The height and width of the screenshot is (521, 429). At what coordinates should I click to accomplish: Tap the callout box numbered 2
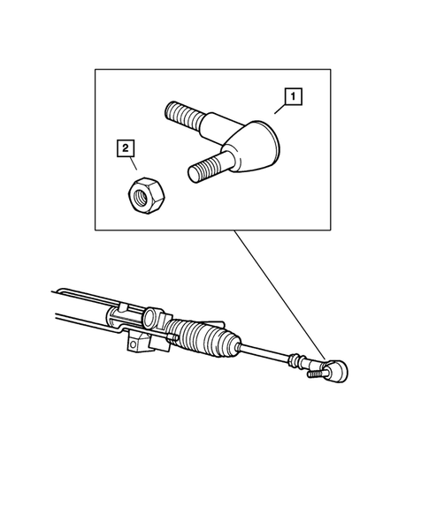point(126,147)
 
